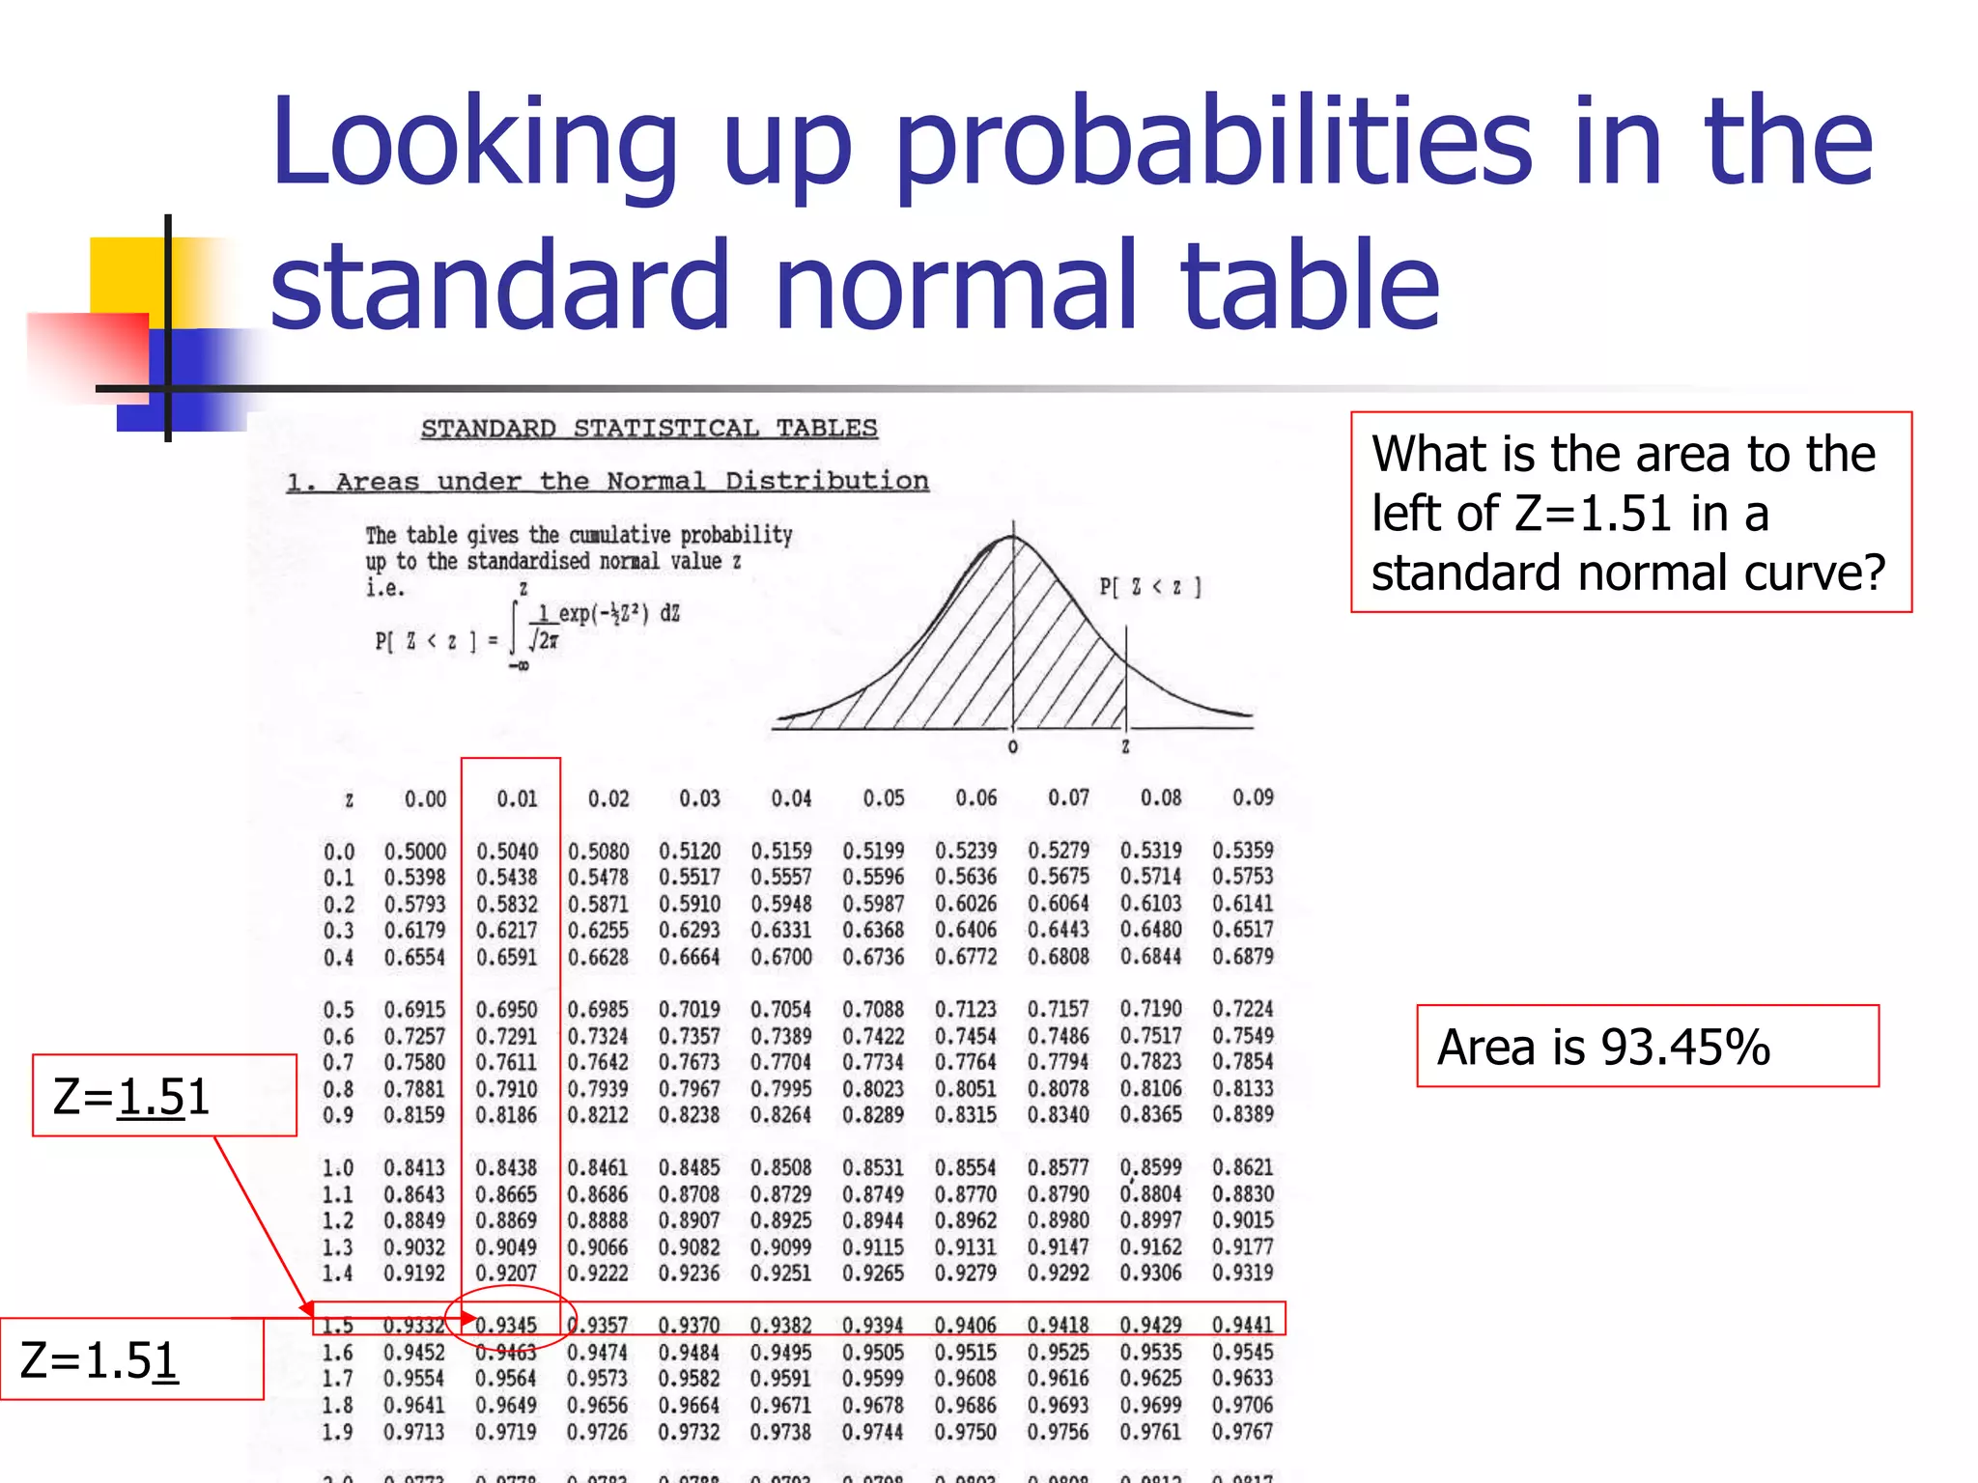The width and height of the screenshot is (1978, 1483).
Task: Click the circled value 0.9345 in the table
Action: pos(506,1325)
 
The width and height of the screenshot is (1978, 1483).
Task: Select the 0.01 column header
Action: pos(517,798)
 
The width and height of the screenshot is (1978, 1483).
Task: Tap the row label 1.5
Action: pos(337,1326)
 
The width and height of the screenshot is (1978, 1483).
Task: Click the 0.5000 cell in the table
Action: pos(415,852)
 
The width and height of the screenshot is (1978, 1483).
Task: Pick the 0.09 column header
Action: pos(1253,797)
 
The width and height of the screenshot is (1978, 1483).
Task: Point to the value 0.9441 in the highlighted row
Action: pos(1242,1325)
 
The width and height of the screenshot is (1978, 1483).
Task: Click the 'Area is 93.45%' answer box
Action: pos(1647,1047)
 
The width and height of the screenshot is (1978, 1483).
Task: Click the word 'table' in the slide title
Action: pos(1310,284)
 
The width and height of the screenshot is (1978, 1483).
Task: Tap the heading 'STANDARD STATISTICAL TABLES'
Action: pos(649,428)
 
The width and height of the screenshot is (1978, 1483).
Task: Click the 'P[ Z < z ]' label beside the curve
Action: pos(1150,587)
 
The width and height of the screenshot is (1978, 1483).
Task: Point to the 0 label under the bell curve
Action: pos(1012,747)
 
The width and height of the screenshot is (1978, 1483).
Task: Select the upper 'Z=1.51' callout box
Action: pos(164,1096)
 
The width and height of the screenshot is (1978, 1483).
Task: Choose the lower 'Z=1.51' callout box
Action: pos(131,1359)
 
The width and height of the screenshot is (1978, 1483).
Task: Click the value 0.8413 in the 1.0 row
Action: pos(414,1168)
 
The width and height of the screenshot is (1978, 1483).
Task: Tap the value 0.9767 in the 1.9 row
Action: pos(1242,1431)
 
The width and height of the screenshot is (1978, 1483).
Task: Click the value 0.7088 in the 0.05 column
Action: pos(873,1010)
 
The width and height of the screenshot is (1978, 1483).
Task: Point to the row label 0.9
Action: pos(338,1115)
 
